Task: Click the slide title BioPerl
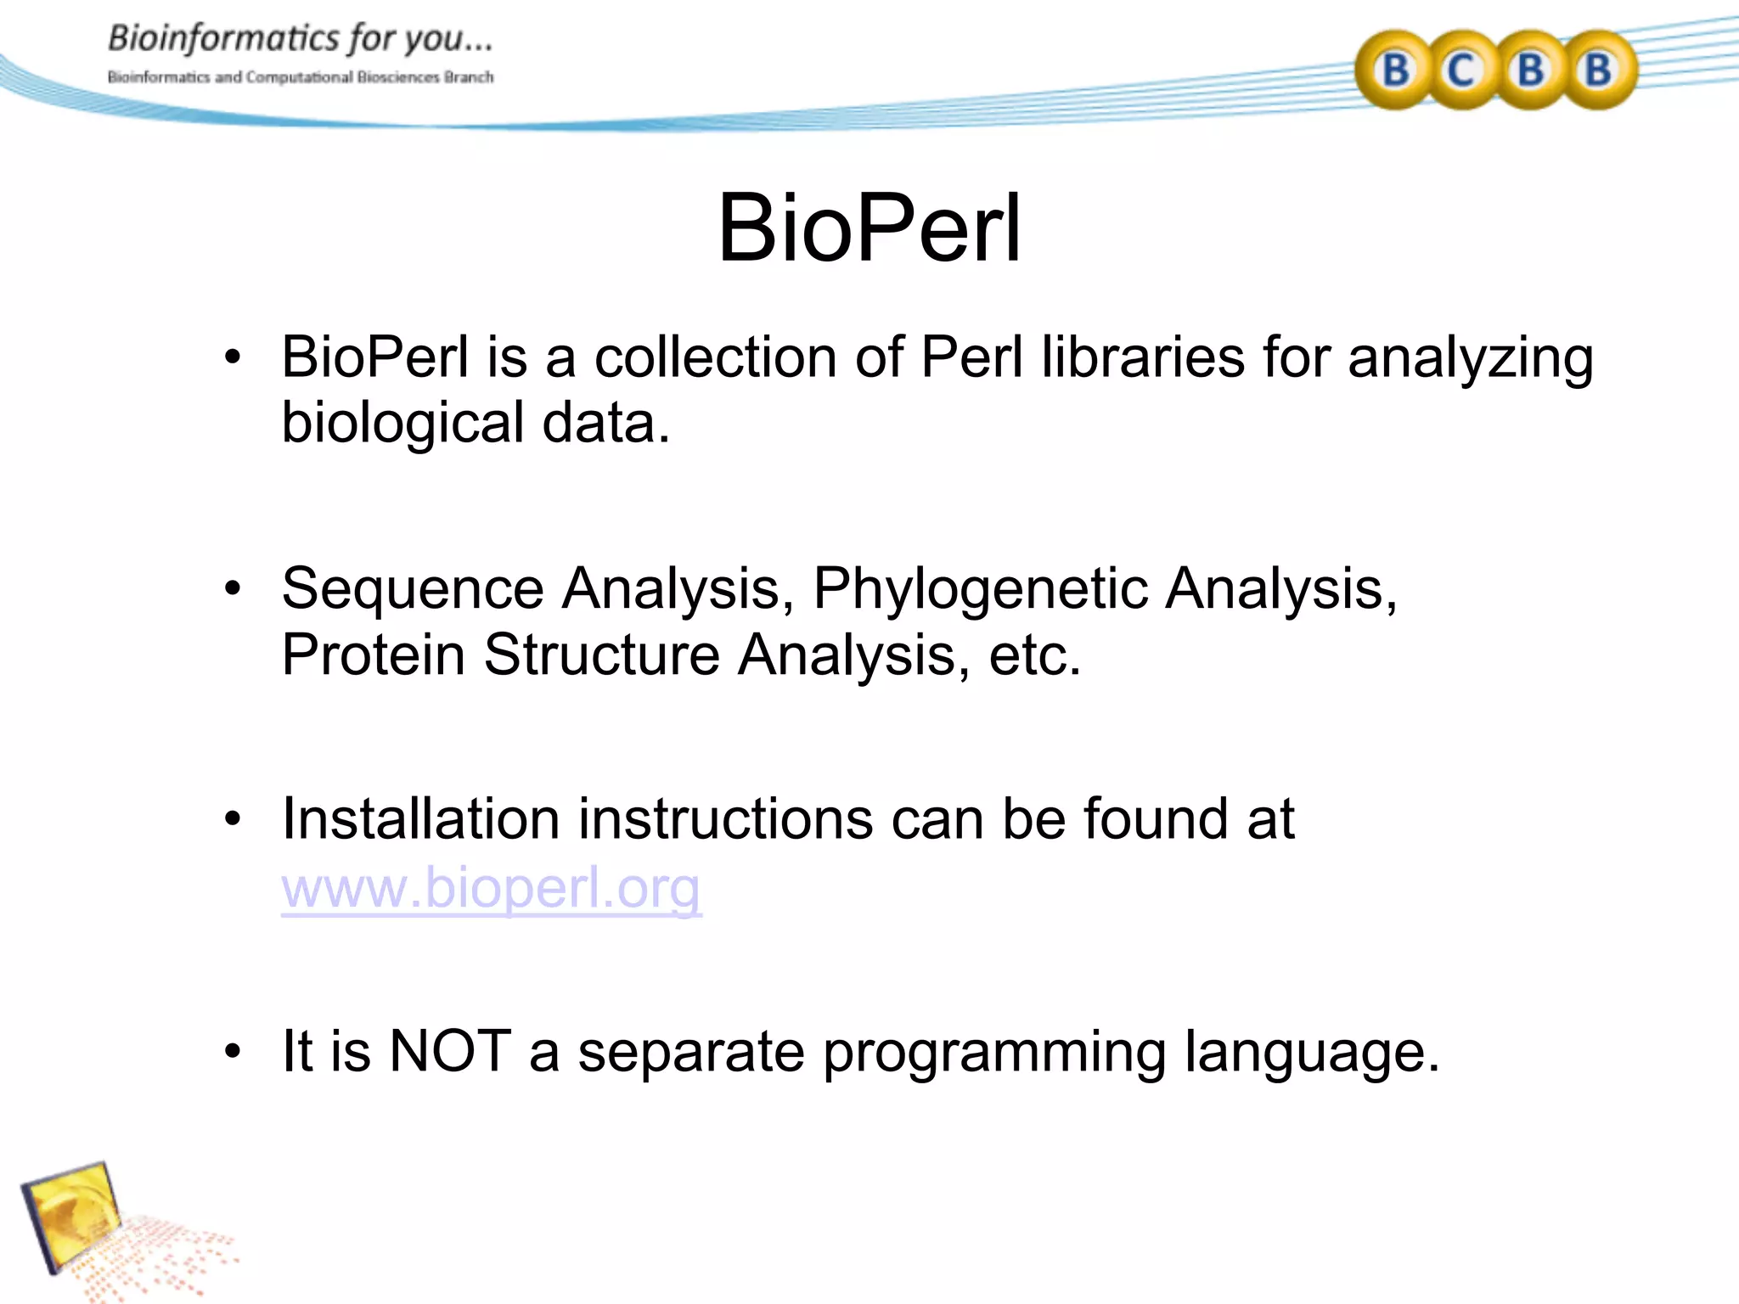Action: [869, 228]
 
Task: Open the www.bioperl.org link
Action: [491, 887]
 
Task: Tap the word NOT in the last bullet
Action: [450, 1051]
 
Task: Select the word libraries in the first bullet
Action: [1143, 357]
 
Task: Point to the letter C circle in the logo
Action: [1461, 70]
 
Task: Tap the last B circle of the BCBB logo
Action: [1598, 70]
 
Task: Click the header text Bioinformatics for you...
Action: [300, 39]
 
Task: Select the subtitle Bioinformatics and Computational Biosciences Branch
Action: [300, 77]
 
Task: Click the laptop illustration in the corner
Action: [76, 1218]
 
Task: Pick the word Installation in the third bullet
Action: [420, 819]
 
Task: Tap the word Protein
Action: [373, 655]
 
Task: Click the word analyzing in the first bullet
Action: [1470, 357]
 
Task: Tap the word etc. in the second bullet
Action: [1034, 655]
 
